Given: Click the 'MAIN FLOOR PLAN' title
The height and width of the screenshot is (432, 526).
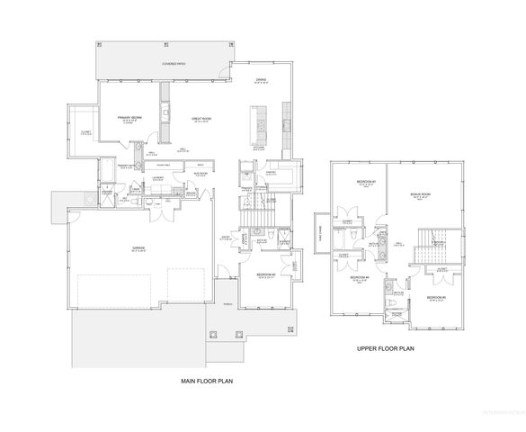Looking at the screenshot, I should [210, 382].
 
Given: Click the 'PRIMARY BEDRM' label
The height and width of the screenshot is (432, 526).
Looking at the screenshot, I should [131, 118].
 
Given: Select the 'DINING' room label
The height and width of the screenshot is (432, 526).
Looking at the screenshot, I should [260, 80].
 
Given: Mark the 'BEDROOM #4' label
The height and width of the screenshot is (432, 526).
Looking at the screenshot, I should [359, 278].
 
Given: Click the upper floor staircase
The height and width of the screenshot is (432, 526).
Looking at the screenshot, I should [425, 250].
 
